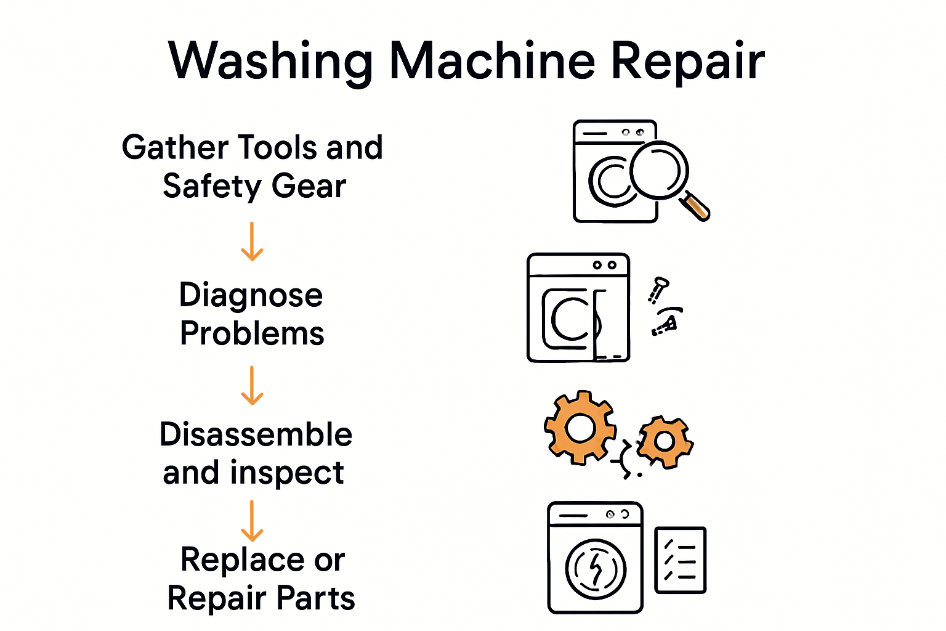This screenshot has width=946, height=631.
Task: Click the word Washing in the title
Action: tap(270, 62)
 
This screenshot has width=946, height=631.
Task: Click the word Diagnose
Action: tap(251, 296)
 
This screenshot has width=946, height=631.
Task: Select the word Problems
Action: tap(252, 334)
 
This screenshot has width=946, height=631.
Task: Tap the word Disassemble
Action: tap(256, 434)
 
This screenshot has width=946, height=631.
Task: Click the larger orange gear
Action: tap(580, 428)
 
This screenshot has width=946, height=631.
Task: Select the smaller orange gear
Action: tap(665, 441)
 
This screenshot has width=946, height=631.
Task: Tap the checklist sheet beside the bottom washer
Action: tap(680, 560)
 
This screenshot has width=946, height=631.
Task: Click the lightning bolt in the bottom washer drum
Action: tap(596, 568)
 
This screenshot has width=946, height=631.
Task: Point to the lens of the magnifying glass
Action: tap(658, 170)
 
